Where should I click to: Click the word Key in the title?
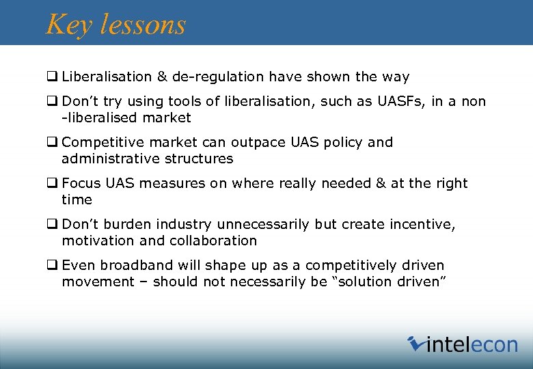(x=69, y=25)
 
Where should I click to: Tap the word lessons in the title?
(x=142, y=25)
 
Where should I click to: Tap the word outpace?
(x=234, y=142)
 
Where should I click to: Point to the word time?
(x=77, y=200)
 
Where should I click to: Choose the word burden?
(x=128, y=224)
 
